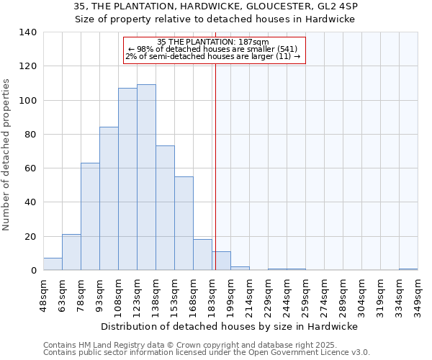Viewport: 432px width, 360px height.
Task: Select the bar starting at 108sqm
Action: pos(127,179)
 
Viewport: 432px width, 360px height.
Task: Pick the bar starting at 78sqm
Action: pos(90,217)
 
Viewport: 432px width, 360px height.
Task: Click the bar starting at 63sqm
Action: pos(71,252)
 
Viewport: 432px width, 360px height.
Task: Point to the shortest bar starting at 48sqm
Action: pos(53,264)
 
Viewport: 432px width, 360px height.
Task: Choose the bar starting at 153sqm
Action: pos(184,223)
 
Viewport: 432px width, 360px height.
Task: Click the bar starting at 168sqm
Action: pos(202,255)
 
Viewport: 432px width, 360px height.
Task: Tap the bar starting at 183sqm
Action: pos(221,261)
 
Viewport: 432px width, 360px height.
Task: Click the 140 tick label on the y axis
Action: pos(28,32)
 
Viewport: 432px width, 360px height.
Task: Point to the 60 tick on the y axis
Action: pos(31,168)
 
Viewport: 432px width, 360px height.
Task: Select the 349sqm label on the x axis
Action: pos(418,294)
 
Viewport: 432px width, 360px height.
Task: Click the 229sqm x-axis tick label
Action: pos(268,294)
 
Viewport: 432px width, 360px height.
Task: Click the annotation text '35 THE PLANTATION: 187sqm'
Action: pos(213,42)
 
